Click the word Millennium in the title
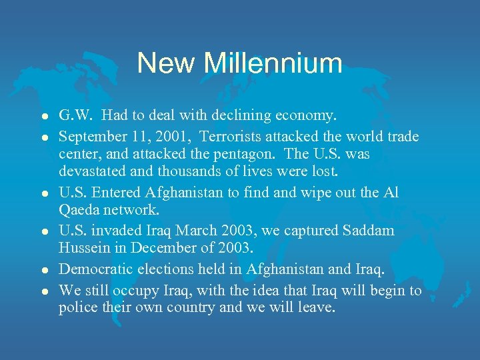273,63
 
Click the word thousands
186,171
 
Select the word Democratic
93,269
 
